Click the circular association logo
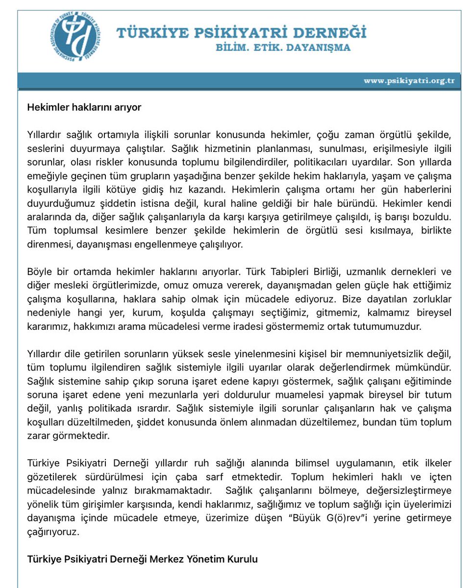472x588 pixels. pyautogui.click(x=75, y=35)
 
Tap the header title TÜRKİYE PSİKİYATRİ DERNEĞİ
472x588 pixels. pyautogui.click(x=241, y=33)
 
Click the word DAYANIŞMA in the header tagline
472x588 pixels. pyautogui.click(x=326, y=48)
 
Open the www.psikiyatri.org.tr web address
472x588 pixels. pyautogui.click(x=409, y=81)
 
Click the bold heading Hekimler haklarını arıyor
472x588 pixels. pyautogui.click(x=84, y=107)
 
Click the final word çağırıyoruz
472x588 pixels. pyautogui.click(x=52, y=532)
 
